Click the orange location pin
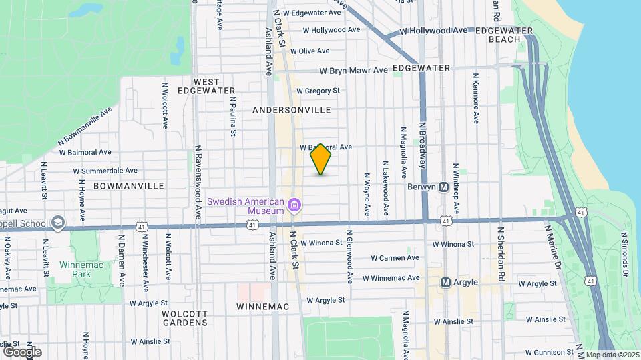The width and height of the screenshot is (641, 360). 321,159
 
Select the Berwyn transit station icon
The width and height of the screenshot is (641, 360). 443,187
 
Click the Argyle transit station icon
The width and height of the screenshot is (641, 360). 445,282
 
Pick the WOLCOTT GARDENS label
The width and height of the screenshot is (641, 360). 184,318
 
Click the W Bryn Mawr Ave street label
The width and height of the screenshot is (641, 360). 353,71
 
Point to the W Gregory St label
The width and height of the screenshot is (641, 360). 318,91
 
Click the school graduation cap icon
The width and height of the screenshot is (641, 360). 59,223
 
